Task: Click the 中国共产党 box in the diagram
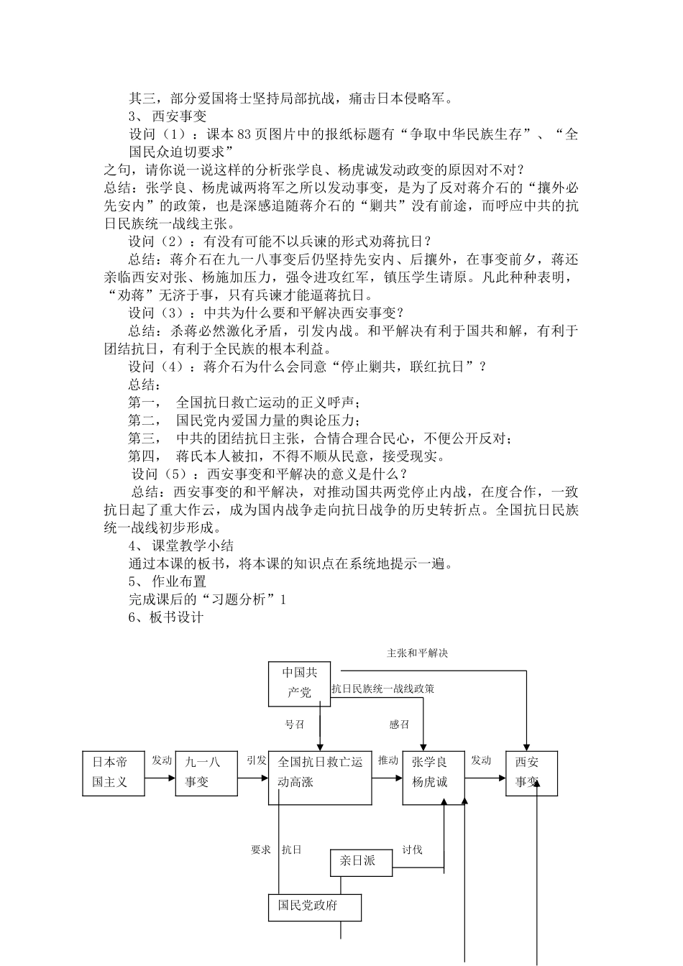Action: [299, 683]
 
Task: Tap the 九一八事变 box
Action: [206, 773]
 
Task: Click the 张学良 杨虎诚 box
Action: [433, 773]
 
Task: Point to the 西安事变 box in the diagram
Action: [531, 773]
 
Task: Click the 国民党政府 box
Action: [314, 906]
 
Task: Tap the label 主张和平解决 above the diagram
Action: [418, 653]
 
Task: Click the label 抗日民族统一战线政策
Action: [383, 689]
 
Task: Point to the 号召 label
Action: [294, 724]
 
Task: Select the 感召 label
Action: [399, 724]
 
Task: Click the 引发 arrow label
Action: [257, 760]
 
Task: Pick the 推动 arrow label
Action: [388, 760]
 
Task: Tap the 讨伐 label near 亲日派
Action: [412, 850]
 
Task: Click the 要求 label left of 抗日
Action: [260, 850]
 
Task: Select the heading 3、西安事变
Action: [168, 116]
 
